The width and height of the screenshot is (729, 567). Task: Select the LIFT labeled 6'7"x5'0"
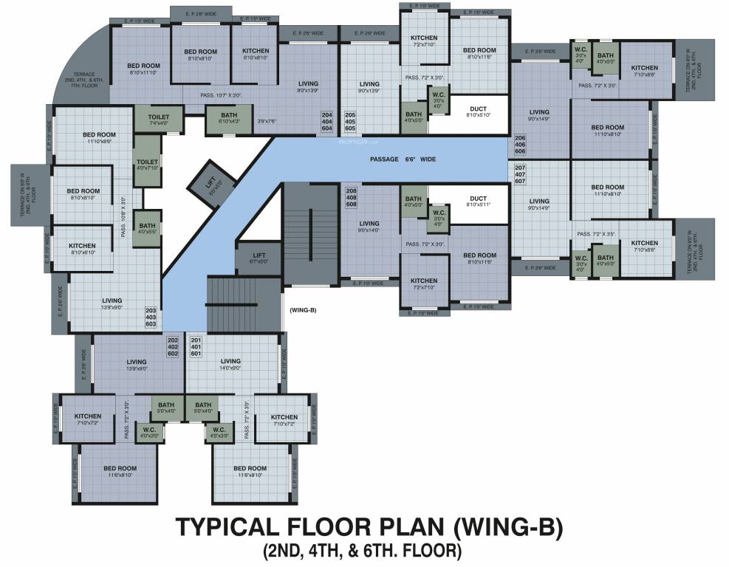click(x=259, y=258)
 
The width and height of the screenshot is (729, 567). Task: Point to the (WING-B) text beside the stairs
click(x=303, y=309)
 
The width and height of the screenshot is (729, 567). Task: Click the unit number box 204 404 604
click(x=326, y=122)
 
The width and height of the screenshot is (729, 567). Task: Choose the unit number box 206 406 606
click(x=519, y=144)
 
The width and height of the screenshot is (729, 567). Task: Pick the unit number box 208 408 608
click(x=351, y=197)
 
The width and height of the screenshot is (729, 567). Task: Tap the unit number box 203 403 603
click(x=151, y=317)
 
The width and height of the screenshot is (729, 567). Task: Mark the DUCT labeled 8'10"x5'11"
click(x=478, y=202)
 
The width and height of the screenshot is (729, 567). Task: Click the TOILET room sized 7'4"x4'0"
click(x=158, y=120)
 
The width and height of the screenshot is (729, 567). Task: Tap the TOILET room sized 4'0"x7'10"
click(x=147, y=164)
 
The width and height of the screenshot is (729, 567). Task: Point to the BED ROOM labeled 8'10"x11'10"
click(x=144, y=69)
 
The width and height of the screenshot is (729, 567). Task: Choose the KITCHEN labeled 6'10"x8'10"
click(x=256, y=54)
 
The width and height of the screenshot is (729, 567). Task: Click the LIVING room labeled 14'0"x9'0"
click(x=230, y=365)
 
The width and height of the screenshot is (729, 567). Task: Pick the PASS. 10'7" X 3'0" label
click(x=222, y=95)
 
